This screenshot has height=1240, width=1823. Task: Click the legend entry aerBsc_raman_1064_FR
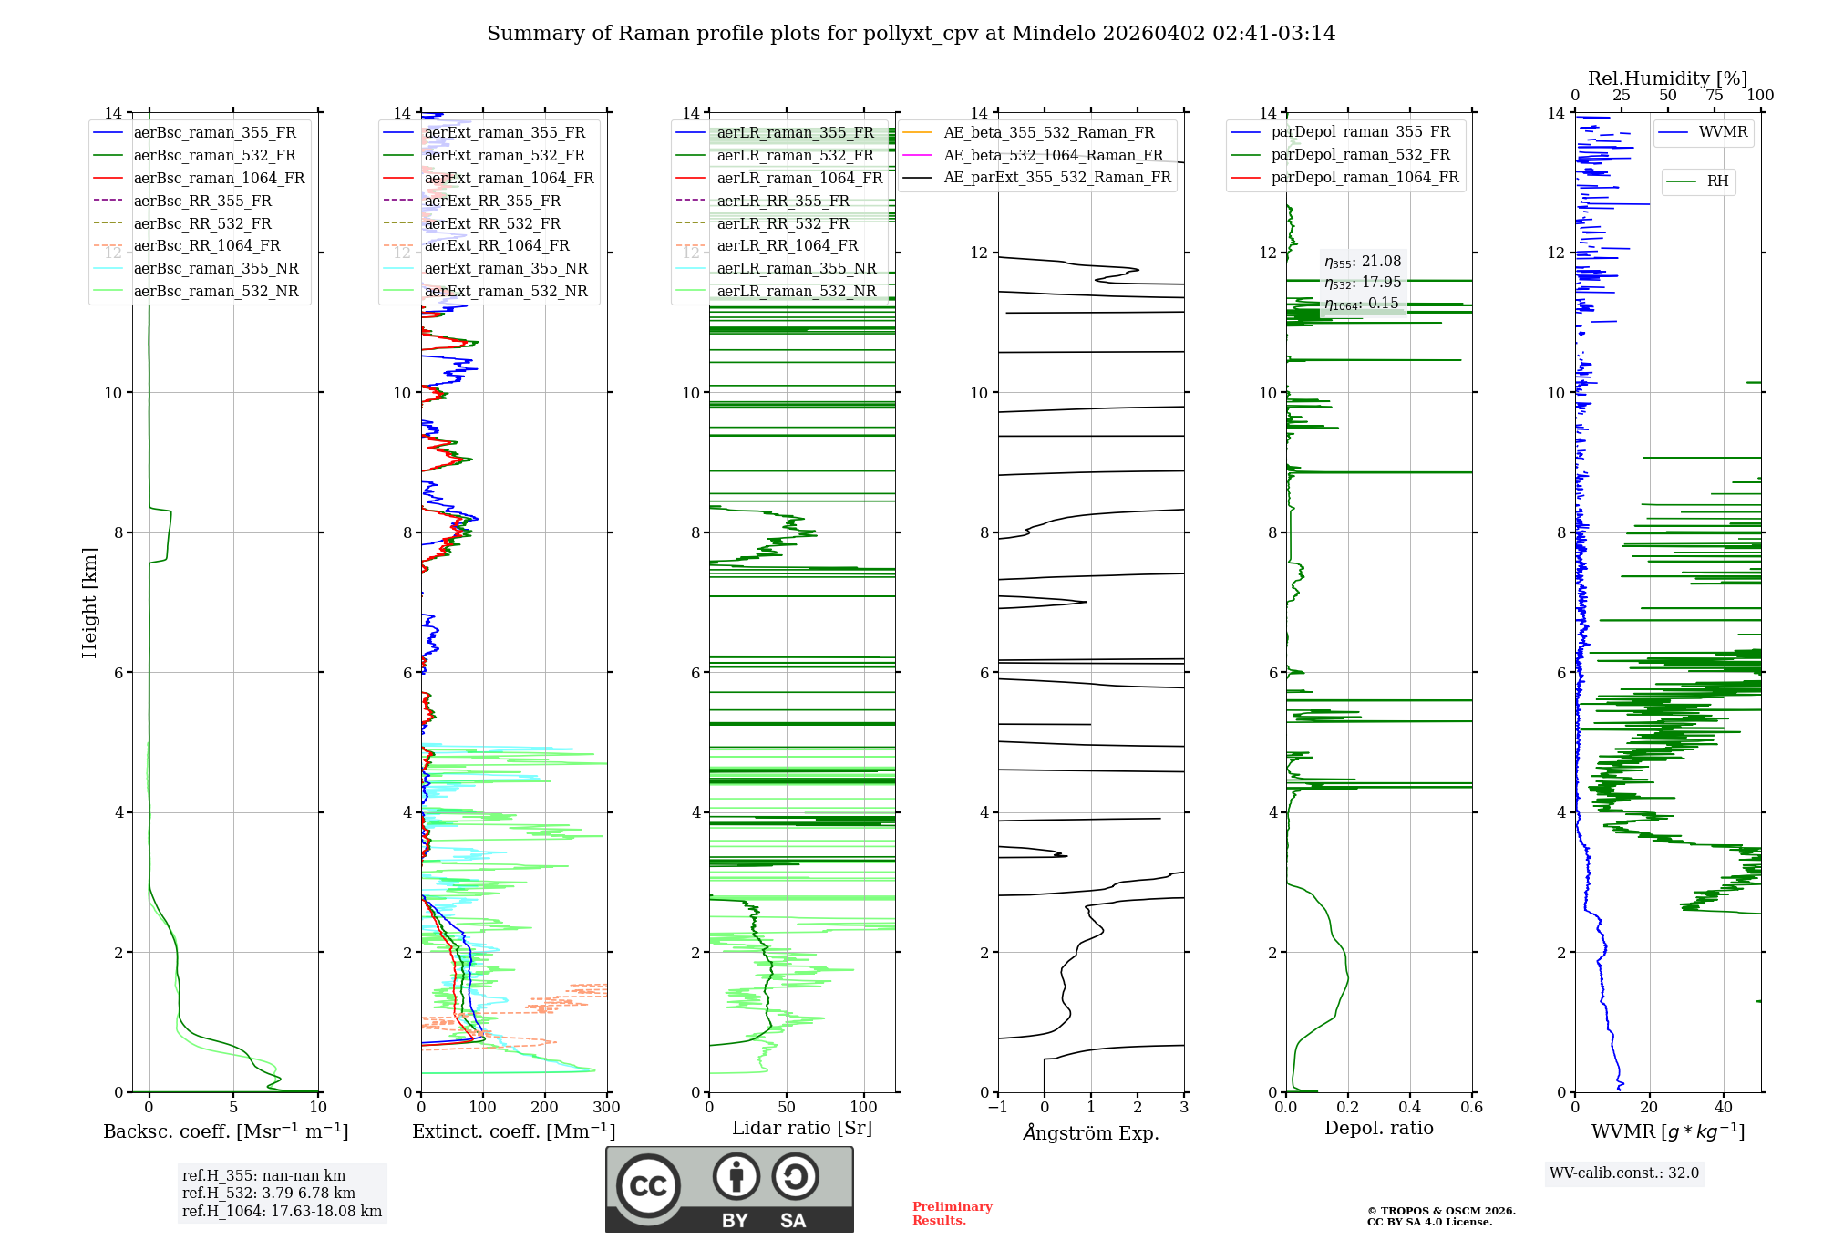(x=219, y=178)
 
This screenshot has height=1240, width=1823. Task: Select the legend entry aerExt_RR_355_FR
(x=492, y=201)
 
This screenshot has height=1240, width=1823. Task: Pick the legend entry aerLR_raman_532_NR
(x=796, y=292)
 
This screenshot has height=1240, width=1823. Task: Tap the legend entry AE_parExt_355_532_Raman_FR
(x=1057, y=178)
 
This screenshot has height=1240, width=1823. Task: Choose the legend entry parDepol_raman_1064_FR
(x=1365, y=178)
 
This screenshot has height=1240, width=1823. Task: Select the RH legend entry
(x=1717, y=181)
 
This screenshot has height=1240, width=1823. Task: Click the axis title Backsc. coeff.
(x=225, y=1131)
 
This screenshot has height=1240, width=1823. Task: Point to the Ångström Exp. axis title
(x=1090, y=1133)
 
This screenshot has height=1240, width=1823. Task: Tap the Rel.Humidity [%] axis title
(x=1667, y=78)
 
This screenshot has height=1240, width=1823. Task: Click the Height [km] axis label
(x=89, y=602)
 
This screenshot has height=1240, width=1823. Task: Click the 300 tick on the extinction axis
(x=606, y=1108)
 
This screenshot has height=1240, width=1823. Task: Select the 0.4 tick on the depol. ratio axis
(x=1409, y=1108)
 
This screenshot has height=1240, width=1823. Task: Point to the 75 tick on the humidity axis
(x=1714, y=96)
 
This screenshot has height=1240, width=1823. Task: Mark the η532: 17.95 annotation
(x=1363, y=283)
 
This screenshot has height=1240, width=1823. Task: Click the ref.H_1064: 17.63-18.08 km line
(x=282, y=1211)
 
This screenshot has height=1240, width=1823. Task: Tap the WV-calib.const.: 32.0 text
(x=1624, y=1173)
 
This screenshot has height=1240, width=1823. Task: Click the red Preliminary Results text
(x=952, y=1214)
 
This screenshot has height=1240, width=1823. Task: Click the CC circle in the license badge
(x=648, y=1185)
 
